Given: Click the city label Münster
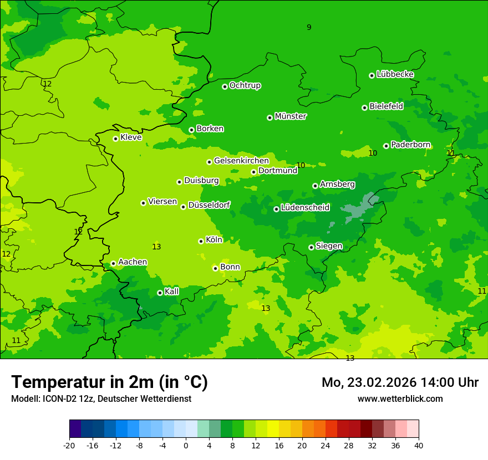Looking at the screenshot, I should (x=290, y=116).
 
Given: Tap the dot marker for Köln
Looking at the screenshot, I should (x=201, y=241).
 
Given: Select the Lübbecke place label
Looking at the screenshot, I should (x=395, y=74).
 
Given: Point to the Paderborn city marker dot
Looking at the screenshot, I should (x=386, y=146).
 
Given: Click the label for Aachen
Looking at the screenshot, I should (x=133, y=262).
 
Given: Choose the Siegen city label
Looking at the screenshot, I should (x=329, y=246).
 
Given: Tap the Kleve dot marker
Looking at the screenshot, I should (x=115, y=139).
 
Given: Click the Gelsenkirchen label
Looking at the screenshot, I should (x=241, y=161).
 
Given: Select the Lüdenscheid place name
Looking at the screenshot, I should (x=305, y=208).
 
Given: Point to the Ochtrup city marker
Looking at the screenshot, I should (x=225, y=86).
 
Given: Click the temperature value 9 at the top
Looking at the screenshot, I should (x=309, y=27).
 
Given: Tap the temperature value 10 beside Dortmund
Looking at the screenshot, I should (x=301, y=165).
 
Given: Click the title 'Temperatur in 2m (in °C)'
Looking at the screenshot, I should (x=109, y=382).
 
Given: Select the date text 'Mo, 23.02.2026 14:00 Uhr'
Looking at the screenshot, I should (x=400, y=382).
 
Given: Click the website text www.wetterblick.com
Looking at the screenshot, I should (x=400, y=398).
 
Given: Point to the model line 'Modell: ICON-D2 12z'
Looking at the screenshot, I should (x=101, y=398).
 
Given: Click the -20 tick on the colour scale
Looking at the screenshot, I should (x=69, y=445).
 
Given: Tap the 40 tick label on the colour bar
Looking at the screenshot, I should (x=419, y=445).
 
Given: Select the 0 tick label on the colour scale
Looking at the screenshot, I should (x=186, y=445).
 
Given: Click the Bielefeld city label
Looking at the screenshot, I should (x=386, y=106).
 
